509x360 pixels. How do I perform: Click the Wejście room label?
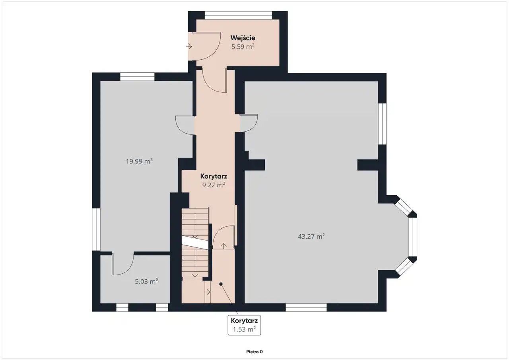(x=243, y=38)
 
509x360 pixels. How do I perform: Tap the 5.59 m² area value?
(x=243, y=47)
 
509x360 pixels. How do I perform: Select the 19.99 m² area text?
(x=139, y=161)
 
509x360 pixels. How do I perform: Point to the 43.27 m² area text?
(x=311, y=236)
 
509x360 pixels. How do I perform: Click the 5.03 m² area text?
(x=147, y=281)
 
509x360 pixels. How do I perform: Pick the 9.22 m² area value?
(x=214, y=185)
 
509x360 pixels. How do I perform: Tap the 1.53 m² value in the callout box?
(x=244, y=329)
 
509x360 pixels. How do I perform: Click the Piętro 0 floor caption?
(x=254, y=352)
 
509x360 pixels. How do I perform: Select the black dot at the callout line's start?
(x=221, y=284)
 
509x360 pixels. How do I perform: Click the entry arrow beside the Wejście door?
(x=189, y=47)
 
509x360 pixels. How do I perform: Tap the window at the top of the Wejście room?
(x=238, y=15)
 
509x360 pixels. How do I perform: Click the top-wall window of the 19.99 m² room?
(x=137, y=77)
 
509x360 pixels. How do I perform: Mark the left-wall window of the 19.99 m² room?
(x=96, y=229)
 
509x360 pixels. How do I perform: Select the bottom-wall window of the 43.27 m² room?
(x=306, y=307)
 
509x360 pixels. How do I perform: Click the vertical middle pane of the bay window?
(x=413, y=237)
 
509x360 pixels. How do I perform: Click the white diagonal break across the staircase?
(x=195, y=243)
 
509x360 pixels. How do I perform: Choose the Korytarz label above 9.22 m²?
(x=214, y=176)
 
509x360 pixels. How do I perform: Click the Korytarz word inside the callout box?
(x=244, y=321)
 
